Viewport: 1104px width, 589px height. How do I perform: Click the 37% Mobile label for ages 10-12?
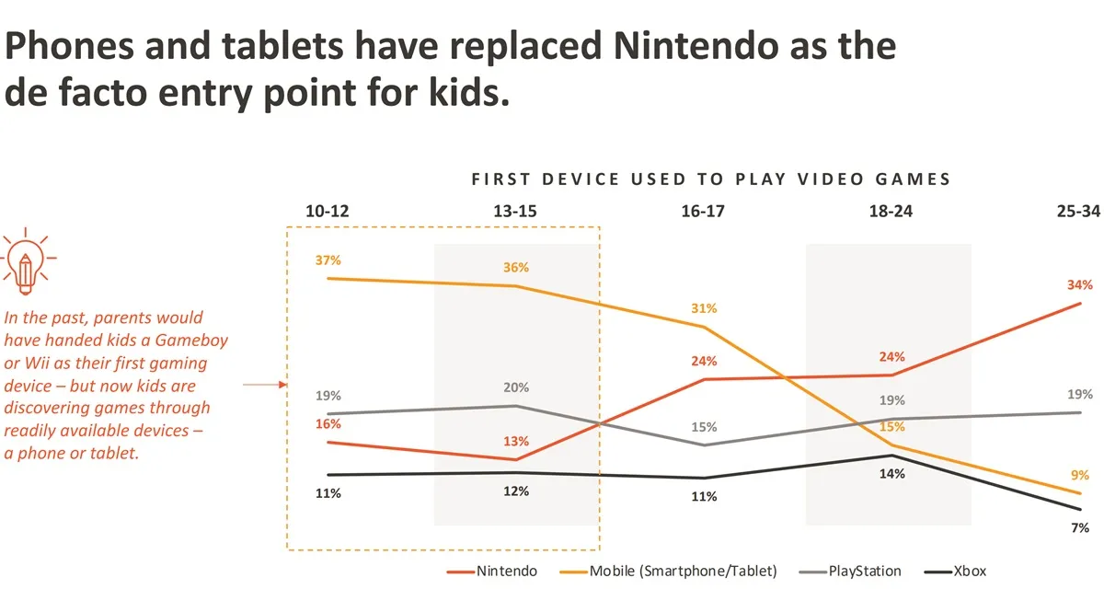[x=328, y=260]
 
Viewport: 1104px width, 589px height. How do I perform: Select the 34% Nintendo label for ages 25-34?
[x=1080, y=284]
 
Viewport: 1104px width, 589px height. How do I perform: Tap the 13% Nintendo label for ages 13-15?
[x=516, y=441]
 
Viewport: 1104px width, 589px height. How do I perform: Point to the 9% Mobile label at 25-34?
[x=1080, y=476]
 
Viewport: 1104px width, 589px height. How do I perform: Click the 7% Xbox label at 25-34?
[x=1080, y=527]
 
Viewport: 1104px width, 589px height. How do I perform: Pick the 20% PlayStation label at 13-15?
[x=516, y=387]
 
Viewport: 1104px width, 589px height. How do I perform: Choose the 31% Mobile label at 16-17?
[x=704, y=308]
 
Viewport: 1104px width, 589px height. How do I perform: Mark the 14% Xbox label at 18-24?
[x=891, y=474]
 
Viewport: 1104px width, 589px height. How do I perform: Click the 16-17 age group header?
[x=704, y=212]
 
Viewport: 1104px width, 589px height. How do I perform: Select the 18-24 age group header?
[x=891, y=212]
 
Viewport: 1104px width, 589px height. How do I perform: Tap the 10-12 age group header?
[x=328, y=212]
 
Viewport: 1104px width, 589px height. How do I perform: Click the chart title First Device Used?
[x=710, y=179]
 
